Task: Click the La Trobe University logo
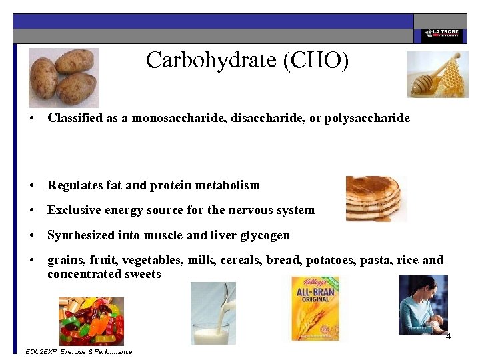[x=440, y=35]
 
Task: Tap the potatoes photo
[x=63, y=77]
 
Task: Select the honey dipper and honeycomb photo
[x=437, y=75]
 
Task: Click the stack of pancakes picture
[x=375, y=198]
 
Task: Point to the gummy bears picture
[x=91, y=321]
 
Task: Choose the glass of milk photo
[x=213, y=313]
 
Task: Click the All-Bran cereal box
[x=315, y=308]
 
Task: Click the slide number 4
[x=448, y=337]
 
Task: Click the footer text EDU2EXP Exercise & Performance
[x=78, y=351]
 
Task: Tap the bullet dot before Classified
[x=31, y=119]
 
